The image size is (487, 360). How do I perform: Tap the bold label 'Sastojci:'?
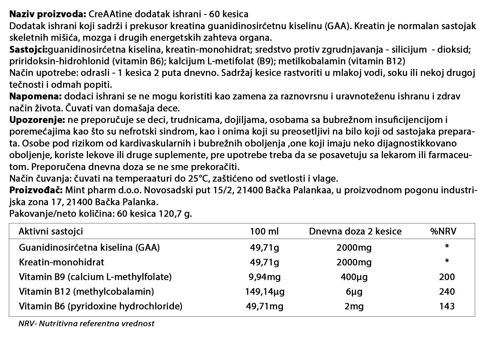(29, 50)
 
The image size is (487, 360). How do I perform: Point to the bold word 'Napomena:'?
(36, 97)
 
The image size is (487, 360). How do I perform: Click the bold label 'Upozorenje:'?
(37, 120)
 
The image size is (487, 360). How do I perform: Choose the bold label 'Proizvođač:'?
(36, 190)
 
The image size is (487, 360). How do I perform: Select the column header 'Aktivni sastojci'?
(51, 231)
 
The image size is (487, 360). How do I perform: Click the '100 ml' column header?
(264, 231)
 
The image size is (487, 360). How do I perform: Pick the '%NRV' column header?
(443, 231)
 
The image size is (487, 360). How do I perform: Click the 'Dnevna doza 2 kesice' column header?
(355, 231)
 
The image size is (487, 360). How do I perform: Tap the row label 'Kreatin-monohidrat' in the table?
(61, 262)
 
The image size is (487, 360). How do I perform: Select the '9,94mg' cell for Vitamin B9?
(265, 277)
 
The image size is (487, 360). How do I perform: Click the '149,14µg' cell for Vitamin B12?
(265, 292)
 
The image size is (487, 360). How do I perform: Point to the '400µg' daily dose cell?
(354, 277)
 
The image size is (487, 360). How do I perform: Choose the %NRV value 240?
(447, 292)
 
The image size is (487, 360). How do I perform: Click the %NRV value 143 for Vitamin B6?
(447, 306)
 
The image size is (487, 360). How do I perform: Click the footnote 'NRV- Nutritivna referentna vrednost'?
(86, 324)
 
